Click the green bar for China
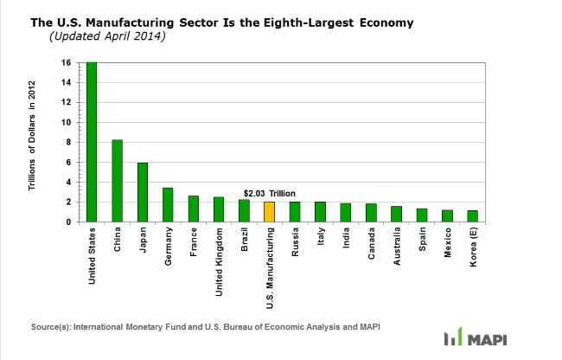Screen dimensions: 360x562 point(118,181)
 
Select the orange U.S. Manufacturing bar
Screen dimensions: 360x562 point(269,212)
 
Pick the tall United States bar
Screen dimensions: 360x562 point(92,142)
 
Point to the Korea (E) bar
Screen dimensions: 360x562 point(472,216)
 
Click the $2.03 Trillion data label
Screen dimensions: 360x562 point(269,194)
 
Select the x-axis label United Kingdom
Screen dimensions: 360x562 point(219,260)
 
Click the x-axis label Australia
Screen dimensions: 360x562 point(396,249)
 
